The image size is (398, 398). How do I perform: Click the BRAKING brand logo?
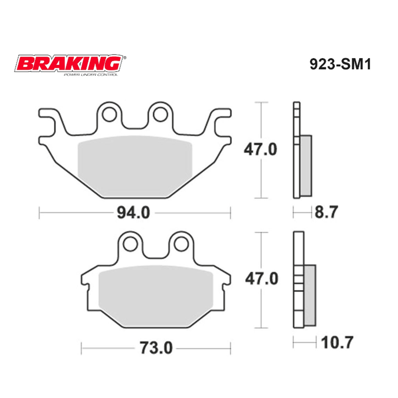[69, 64]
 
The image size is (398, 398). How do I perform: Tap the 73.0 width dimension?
[156, 348]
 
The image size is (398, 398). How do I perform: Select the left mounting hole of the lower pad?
[130, 243]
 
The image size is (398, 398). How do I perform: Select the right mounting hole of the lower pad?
[181, 243]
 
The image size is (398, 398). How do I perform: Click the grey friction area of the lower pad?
[155, 295]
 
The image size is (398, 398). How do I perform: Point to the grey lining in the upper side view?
[306, 165]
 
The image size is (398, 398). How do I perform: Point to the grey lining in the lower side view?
[310, 295]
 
